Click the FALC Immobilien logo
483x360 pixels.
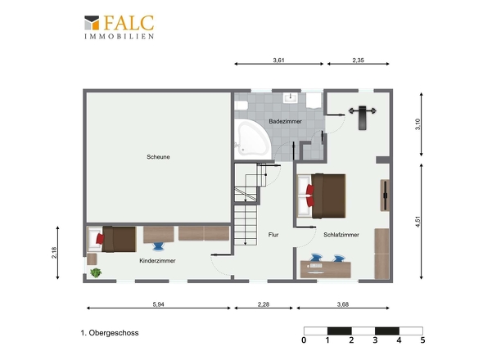[120, 27]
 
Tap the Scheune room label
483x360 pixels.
[158, 157]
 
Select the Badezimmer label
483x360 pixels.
[285, 121]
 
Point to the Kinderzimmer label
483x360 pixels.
[157, 260]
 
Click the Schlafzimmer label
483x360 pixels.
[341, 235]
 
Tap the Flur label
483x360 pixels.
[273, 235]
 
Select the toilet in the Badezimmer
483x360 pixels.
[241, 106]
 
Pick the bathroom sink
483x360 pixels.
[291, 97]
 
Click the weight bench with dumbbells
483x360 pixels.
[362, 118]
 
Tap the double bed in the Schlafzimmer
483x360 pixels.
[321, 196]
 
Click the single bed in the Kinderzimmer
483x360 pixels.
[112, 239]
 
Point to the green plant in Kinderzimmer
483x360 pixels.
[96, 272]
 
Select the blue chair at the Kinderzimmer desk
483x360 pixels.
[159, 246]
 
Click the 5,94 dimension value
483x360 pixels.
[158, 304]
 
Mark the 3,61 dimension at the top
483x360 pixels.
[279, 60]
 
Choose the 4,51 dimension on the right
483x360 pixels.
[418, 222]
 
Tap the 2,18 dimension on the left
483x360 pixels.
[54, 253]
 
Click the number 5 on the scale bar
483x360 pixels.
[422, 340]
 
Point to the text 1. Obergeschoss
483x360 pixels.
[110, 333]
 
